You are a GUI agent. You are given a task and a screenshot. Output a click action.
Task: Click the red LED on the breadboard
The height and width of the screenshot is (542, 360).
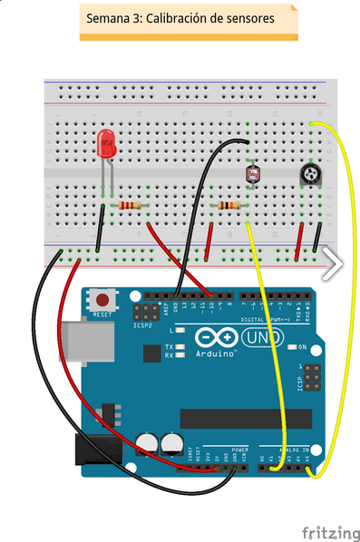click(106, 144)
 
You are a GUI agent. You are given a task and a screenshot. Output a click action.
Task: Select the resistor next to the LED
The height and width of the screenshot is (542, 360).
click(131, 207)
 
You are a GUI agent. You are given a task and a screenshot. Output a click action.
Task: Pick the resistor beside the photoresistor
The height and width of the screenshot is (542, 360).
click(227, 207)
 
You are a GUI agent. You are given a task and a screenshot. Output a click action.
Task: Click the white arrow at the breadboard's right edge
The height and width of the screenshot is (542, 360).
click(333, 264)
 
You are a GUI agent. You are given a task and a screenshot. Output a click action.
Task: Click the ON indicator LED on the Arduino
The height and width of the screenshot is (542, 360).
click(291, 347)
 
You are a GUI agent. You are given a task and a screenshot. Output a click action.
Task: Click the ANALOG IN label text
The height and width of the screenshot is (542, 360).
click(293, 449)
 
